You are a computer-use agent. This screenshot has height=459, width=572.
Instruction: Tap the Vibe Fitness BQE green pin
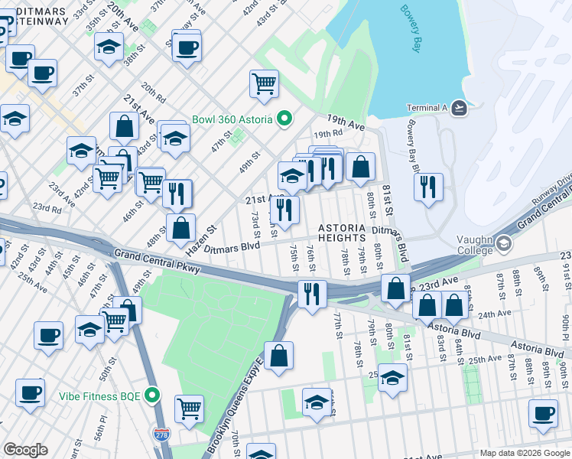click(x=153, y=396)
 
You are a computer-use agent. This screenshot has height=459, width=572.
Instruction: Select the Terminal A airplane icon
click(x=459, y=108)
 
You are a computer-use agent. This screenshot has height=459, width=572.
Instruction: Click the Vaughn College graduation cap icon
click(x=503, y=244)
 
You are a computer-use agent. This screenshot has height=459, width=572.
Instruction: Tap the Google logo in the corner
click(x=25, y=450)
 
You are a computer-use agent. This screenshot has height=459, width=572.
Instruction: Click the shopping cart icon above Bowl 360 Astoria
click(x=264, y=83)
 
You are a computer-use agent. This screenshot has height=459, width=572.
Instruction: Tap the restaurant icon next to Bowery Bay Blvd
click(x=428, y=186)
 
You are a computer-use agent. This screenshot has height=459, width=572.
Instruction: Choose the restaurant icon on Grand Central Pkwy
click(x=311, y=293)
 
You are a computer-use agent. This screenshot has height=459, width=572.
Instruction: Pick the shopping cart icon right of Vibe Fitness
click(x=189, y=406)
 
